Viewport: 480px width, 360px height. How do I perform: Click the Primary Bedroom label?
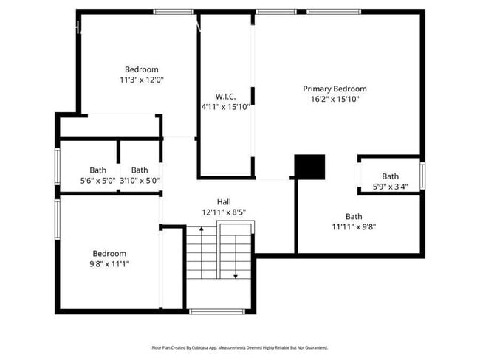coord(335,89)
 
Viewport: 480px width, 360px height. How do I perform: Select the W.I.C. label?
coord(225,97)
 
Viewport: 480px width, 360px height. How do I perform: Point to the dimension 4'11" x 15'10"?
coord(225,106)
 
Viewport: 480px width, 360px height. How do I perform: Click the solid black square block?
coord(309,167)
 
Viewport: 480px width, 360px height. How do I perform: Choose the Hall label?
coord(223,201)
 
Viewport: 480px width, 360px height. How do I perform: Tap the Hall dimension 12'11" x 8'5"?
coord(223,212)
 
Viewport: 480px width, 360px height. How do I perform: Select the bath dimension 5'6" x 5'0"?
coord(97,180)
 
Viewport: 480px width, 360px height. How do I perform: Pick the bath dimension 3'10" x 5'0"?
coord(140,180)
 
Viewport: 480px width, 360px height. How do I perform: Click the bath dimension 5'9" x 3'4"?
coord(390,187)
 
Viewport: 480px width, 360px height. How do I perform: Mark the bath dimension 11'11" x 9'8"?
coord(354,226)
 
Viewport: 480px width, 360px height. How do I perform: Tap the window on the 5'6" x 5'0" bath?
coord(58,167)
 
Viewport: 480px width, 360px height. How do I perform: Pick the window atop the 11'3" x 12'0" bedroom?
coord(174,12)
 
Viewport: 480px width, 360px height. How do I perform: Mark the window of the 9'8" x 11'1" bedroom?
coord(58,220)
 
